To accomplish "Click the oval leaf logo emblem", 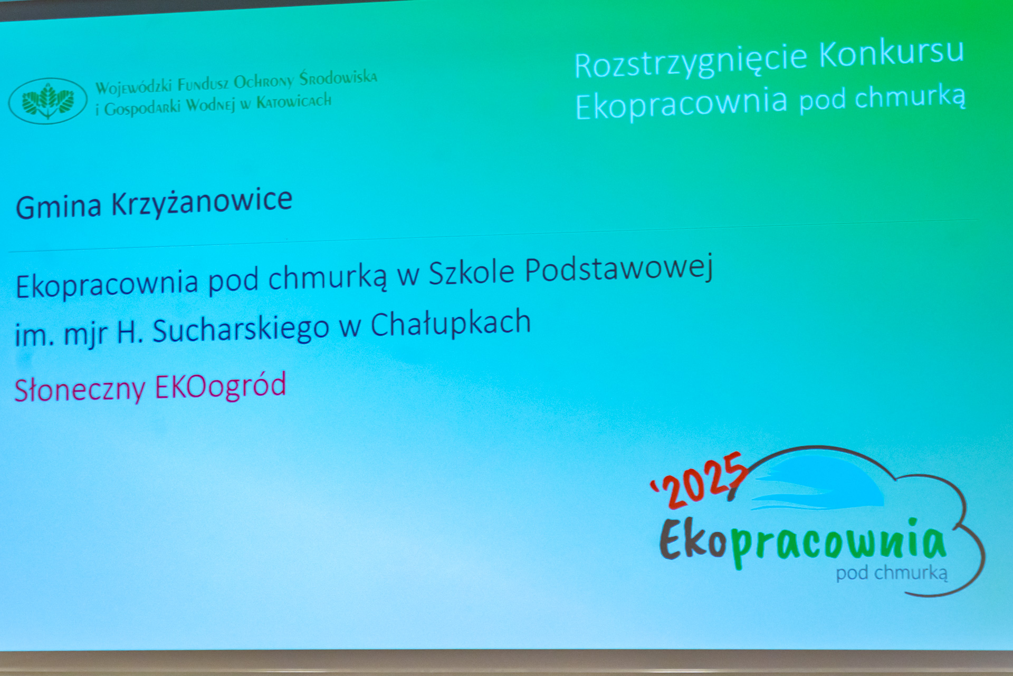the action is pyautogui.click(x=47, y=101).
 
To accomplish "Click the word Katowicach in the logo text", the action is pyautogui.click(x=294, y=101).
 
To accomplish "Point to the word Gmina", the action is pyautogui.click(x=59, y=206).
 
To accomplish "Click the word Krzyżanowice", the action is pyautogui.click(x=202, y=202).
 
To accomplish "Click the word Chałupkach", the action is pyautogui.click(x=451, y=323).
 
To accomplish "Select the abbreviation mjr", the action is pyautogui.click(x=85, y=335).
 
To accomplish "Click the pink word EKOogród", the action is pyautogui.click(x=221, y=386).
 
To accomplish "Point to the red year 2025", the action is pyautogui.click(x=699, y=480).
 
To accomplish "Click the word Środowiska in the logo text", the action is pyautogui.click(x=338, y=78).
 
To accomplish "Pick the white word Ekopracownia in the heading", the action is pyautogui.click(x=682, y=104).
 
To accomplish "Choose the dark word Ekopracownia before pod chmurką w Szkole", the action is pyautogui.click(x=107, y=284).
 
